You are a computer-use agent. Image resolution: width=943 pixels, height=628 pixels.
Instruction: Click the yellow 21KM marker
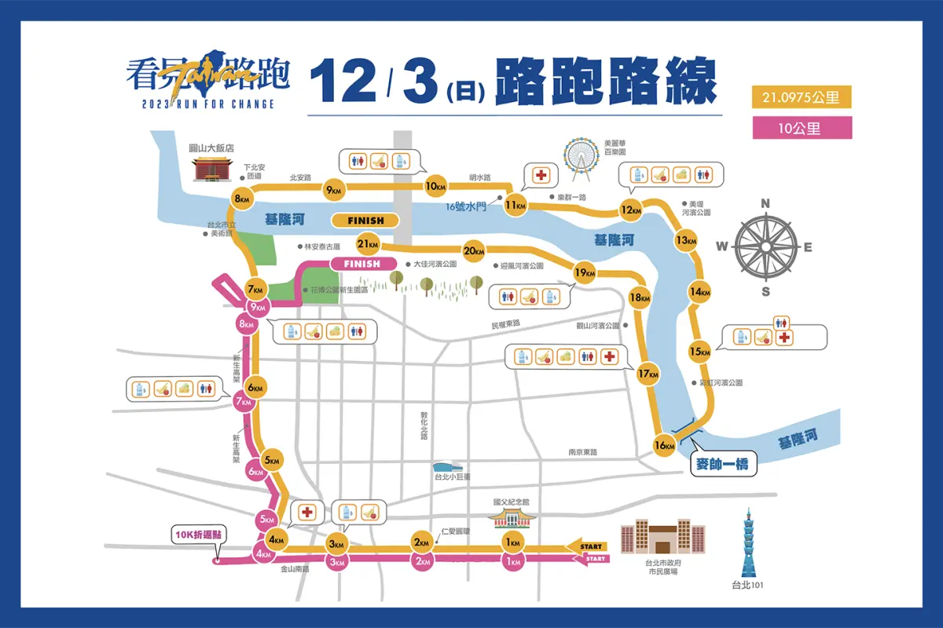[368, 243]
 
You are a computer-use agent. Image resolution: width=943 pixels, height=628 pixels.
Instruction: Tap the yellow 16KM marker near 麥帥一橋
[664, 446]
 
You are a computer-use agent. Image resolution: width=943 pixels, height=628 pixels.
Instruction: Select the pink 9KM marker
[256, 307]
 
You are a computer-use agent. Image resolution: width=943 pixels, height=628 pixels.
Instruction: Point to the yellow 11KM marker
[515, 206]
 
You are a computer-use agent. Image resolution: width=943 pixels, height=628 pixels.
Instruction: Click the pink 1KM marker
[512, 561]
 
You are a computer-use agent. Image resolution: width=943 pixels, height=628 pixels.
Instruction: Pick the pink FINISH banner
[362, 264]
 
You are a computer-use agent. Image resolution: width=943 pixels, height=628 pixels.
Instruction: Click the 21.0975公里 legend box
[802, 98]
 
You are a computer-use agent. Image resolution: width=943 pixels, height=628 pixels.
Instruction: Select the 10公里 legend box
[802, 128]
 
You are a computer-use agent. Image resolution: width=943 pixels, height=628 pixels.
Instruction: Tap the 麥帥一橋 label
[722, 465]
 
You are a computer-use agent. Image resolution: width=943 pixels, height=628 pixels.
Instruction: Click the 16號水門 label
[466, 207]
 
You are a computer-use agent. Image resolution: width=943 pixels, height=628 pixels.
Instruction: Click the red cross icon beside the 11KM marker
[541, 175]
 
